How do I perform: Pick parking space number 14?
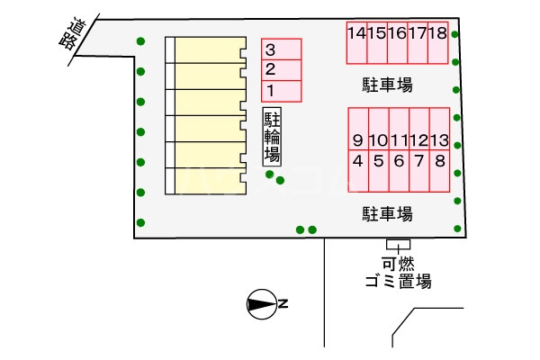point(357,42)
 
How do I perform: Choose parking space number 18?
point(438,42)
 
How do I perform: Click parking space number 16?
point(398,42)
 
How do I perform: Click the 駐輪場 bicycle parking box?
point(272,137)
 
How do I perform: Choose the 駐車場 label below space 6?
point(387,214)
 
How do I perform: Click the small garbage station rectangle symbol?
point(398,244)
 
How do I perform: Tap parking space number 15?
point(377,42)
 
